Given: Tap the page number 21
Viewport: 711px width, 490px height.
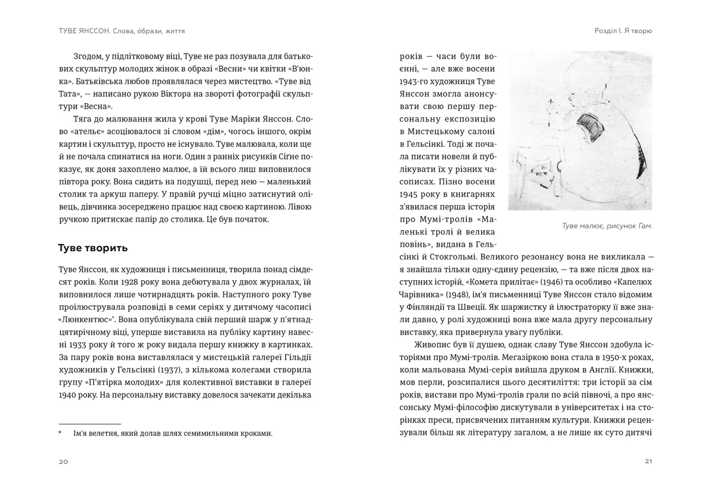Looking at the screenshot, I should (648, 462).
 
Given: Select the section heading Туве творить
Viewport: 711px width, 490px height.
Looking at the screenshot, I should (92, 247).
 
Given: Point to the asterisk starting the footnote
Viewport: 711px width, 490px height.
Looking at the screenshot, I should (60, 433).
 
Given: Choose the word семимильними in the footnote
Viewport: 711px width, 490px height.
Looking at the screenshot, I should (213, 433).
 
